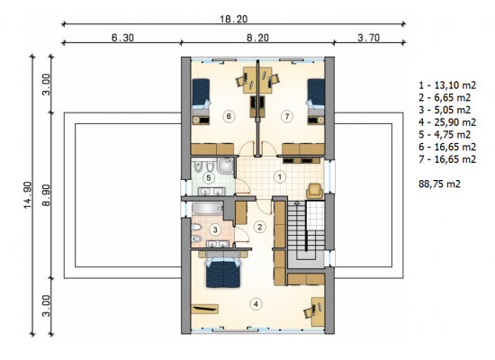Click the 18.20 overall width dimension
pyautogui.click(x=234, y=19)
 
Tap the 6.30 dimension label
pyautogui.click(x=122, y=38)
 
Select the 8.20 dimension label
pyautogui.click(x=257, y=38)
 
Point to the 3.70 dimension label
pyautogui.click(x=368, y=38)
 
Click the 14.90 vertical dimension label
pyautogui.click(x=28, y=195)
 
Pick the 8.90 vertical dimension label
pyautogui.click(x=47, y=195)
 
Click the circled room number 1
pyautogui.click(x=280, y=176)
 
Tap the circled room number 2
pyautogui.click(x=260, y=227)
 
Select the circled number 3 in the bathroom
pyautogui.click(x=215, y=229)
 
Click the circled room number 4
pyautogui.click(x=256, y=304)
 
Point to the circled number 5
pyautogui.click(x=209, y=178)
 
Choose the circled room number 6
pyautogui.click(x=229, y=116)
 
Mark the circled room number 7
pyautogui.click(x=287, y=116)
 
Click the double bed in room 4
pyautogui.click(x=223, y=273)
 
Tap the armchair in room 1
pyautogui.click(x=315, y=191)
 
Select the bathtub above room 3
pyautogui.click(x=208, y=209)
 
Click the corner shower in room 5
pyautogui.click(x=226, y=166)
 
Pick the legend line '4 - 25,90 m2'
pyautogui.click(x=447, y=122)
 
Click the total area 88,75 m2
pyautogui.click(x=439, y=184)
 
